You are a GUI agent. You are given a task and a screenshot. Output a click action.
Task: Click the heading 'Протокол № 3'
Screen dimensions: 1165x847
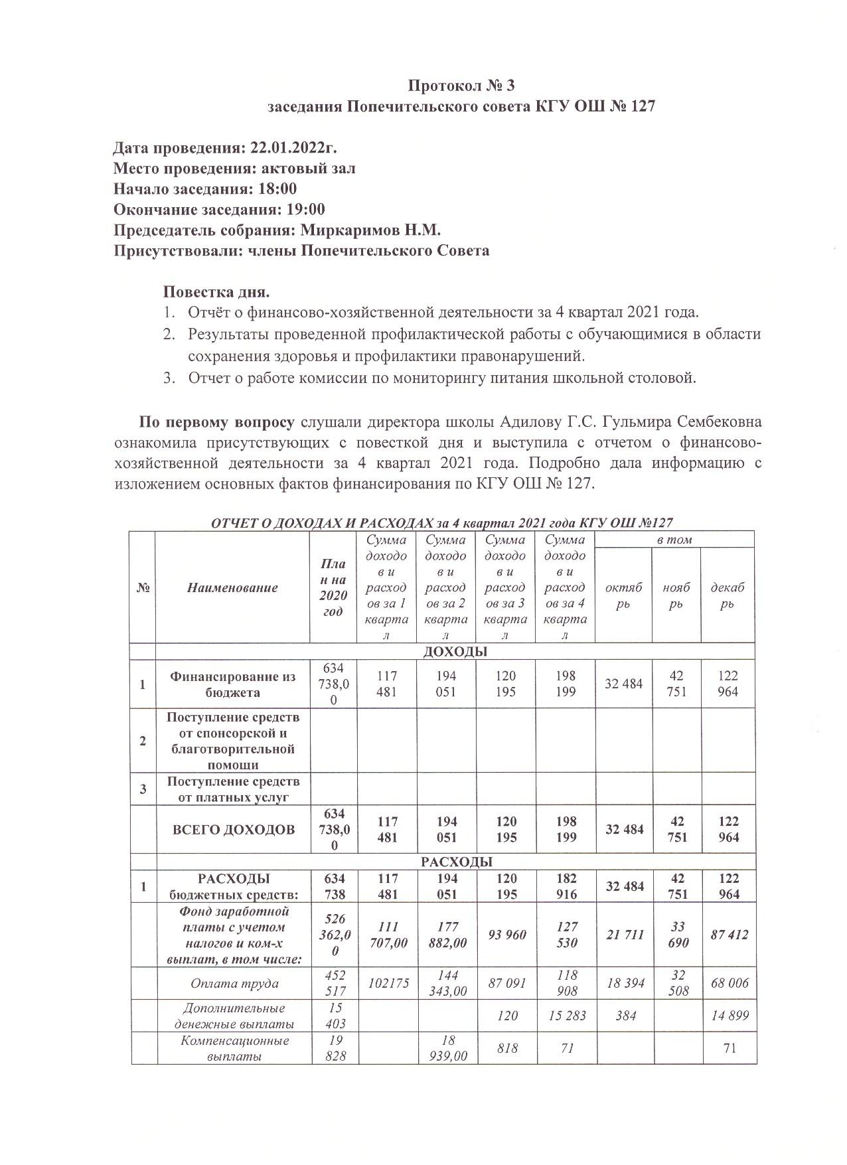click(461, 86)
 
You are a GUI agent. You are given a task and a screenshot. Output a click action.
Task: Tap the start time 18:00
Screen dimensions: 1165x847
click(277, 189)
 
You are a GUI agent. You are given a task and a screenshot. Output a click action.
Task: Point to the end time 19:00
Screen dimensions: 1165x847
click(305, 210)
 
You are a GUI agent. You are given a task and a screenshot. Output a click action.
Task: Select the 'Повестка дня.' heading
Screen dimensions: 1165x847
click(216, 292)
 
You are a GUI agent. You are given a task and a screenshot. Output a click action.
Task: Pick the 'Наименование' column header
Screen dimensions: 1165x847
click(232, 587)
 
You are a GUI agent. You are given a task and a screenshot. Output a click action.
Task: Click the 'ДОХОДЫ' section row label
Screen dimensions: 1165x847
click(455, 651)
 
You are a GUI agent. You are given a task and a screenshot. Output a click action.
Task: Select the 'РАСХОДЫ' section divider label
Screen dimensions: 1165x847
click(457, 862)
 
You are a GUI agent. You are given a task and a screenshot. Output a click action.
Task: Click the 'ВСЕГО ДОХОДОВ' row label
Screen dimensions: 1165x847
click(234, 830)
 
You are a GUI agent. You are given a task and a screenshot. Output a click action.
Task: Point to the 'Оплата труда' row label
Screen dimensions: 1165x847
click(234, 984)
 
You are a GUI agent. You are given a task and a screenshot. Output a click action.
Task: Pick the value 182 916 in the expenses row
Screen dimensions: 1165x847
click(565, 886)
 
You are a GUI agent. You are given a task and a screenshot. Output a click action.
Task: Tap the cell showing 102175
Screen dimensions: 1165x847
click(387, 984)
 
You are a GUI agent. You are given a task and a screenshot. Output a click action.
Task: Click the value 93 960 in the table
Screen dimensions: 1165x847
click(506, 935)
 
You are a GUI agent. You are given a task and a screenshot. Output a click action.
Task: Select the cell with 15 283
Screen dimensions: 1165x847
click(565, 1016)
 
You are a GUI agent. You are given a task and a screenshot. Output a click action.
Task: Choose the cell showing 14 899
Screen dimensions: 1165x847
click(729, 1016)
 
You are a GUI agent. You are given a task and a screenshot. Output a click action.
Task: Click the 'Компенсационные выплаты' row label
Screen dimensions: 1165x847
click(234, 1048)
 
